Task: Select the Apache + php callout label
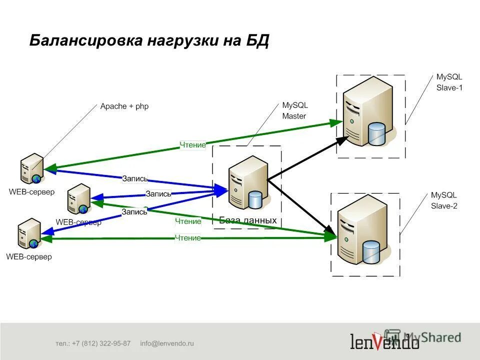coord(124,106)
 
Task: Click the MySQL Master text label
coord(295,111)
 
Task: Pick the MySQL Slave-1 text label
coord(449,82)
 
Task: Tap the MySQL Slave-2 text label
coord(444,200)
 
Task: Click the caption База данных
coord(248,220)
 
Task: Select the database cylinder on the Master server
coord(255,199)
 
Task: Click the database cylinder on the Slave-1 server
coord(376,133)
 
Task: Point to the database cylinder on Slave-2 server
coord(371,252)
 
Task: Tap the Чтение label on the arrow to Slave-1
coord(193,145)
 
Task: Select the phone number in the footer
coord(93,343)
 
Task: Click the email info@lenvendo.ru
coord(166,343)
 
